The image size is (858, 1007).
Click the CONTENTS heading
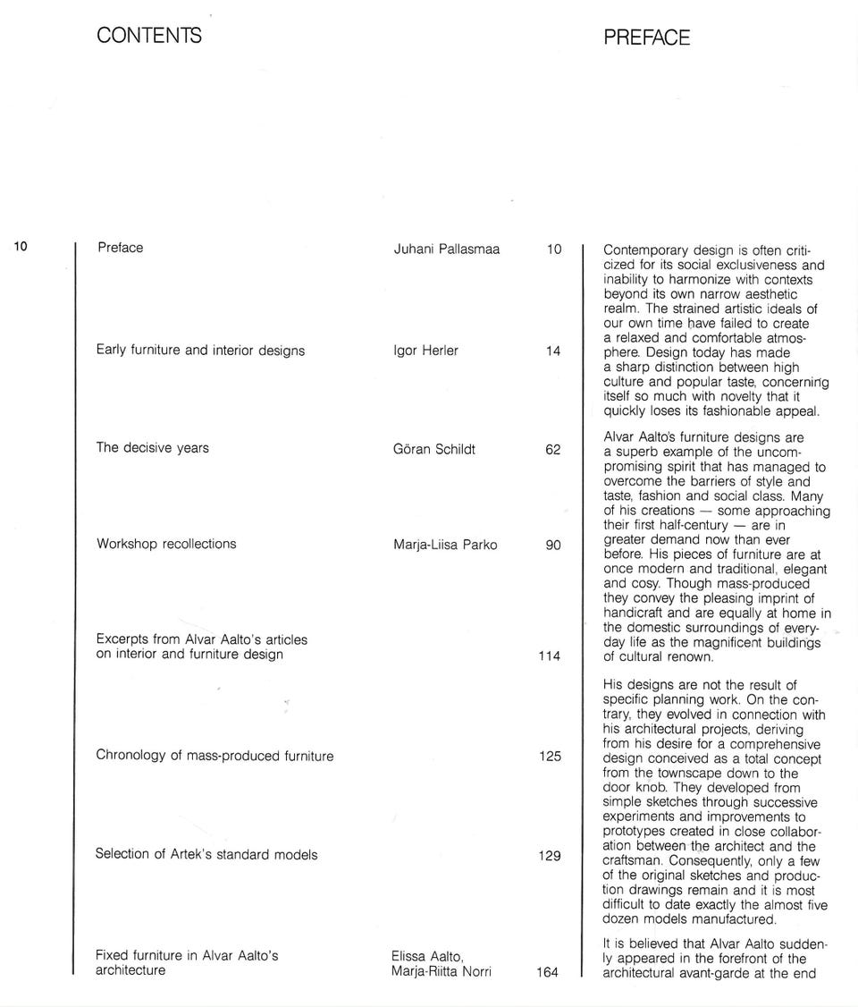[149, 36]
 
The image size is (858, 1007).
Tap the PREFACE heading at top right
[646, 38]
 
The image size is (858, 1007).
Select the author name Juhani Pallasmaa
[446, 249]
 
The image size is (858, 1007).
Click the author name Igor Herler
[425, 351]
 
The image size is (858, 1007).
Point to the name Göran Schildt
[434, 449]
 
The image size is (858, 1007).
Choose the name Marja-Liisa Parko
[445, 545]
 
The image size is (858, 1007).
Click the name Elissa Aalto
[426, 957]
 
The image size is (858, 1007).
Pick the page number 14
[553, 351]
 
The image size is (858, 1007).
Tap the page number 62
[553, 450]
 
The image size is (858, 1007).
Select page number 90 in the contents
[553, 546]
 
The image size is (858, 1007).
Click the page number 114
[550, 656]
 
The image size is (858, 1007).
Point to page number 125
[550, 757]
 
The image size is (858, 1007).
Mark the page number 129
[550, 856]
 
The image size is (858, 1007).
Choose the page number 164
[547, 972]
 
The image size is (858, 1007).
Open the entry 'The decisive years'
[152, 448]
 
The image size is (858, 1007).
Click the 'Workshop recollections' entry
[166, 544]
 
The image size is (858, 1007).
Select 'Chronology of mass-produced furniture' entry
[214, 756]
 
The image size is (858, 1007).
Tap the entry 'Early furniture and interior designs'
[200, 351]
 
